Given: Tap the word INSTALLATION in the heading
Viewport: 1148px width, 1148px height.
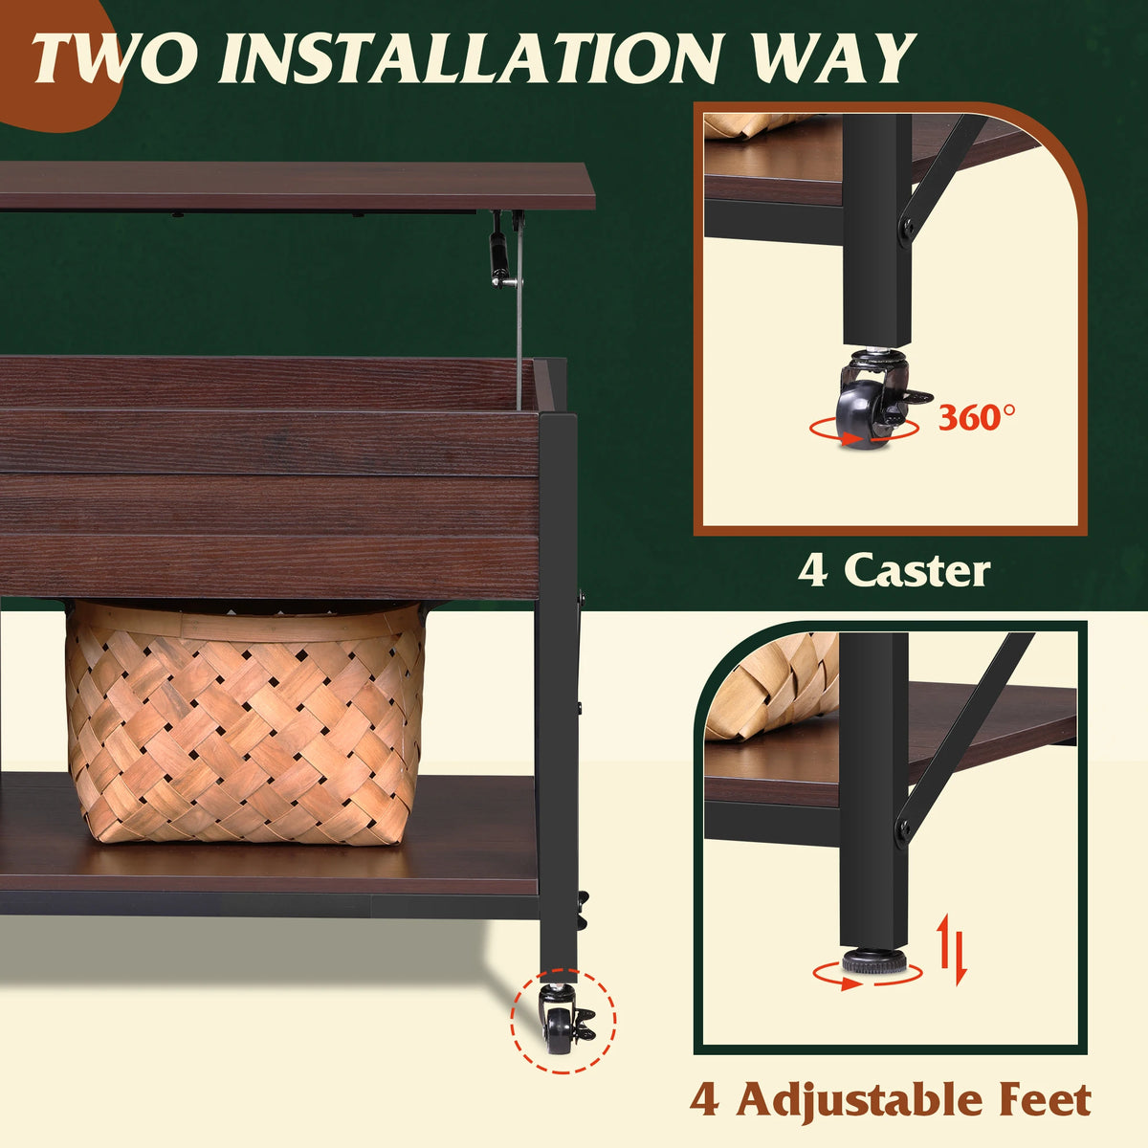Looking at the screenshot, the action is tap(471, 58).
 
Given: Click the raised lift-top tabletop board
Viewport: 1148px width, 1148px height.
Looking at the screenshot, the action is tap(298, 186).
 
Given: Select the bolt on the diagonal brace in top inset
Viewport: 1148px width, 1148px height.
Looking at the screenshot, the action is tap(909, 227).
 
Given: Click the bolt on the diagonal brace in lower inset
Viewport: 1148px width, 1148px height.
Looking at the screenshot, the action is tap(906, 827).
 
